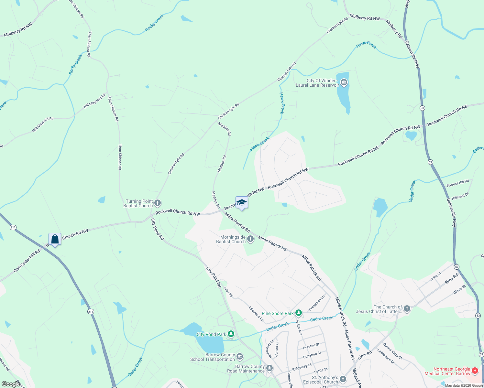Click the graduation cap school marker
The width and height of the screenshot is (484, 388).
tap(242, 203)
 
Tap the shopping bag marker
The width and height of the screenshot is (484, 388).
tap(55, 239)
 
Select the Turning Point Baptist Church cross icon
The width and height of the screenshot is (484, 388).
tap(158, 203)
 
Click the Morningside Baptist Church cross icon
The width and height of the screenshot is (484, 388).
tap(250, 239)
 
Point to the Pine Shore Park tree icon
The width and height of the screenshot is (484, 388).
tap(299, 313)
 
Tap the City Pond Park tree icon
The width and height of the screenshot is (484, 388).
tap(231, 334)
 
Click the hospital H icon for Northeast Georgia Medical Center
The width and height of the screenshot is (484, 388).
tap(475, 371)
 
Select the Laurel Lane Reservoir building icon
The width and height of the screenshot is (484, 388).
tap(344, 83)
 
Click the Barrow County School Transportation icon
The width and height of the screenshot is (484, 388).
tap(240, 357)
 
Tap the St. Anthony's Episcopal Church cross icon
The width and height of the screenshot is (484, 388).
tap(343, 379)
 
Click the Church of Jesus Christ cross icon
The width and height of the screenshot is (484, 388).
tap(407, 309)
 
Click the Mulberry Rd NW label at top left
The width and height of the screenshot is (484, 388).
tap(18, 30)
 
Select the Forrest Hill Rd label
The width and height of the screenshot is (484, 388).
tap(457, 183)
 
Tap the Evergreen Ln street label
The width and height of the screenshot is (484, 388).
tap(317, 303)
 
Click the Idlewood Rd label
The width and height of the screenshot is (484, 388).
tap(256, 314)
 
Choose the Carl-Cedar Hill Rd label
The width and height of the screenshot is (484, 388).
tap(27, 261)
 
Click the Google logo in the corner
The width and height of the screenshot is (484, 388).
tap(11, 384)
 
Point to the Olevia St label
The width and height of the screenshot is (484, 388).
tap(459, 289)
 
